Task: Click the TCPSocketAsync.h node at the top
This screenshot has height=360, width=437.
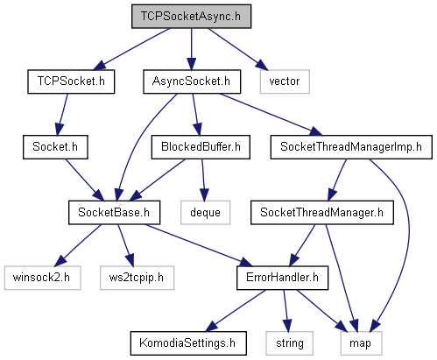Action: tap(191, 17)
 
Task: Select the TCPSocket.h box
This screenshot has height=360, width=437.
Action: tap(71, 81)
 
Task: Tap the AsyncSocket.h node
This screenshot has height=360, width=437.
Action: tap(192, 81)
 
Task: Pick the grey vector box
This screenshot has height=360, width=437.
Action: tap(285, 81)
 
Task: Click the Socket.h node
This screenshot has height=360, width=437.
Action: tap(55, 147)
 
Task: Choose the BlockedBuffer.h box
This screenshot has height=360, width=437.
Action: tap(201, 147)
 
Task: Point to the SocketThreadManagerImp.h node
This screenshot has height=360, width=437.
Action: tap(351, 147)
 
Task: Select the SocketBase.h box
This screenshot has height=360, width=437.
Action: tap(114, 212)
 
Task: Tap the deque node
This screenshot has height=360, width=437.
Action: tap(205, 212)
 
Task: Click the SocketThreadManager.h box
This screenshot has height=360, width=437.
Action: tap(322, 212)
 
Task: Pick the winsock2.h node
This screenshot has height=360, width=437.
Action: tap(42, 278)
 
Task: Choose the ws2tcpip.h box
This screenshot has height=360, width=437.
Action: tap(137, 278)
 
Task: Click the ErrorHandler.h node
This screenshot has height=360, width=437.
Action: tap(282, 278)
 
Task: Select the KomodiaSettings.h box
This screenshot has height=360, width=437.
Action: tap(188, 343)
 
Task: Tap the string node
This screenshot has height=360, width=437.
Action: tap(289, 343)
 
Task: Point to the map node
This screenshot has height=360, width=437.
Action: tap(361, 343)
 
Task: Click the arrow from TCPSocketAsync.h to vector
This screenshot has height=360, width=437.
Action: tap(237, 49)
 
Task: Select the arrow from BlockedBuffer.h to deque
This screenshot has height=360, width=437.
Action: tap(203, 180)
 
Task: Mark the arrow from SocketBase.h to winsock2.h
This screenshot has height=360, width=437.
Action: tap(78, 245)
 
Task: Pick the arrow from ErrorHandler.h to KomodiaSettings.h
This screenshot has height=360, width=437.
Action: tap(236, 311)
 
